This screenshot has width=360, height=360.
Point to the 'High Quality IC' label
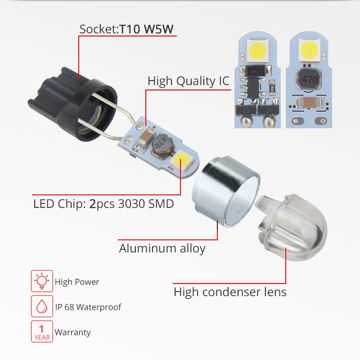[189, 81]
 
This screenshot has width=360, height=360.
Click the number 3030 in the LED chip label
[128, 203]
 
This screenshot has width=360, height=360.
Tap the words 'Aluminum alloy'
[162, 248]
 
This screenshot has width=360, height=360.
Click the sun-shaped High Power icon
[42, 282]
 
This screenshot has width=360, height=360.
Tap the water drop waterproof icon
[42, 307]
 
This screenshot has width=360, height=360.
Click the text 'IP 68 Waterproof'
[88, 307]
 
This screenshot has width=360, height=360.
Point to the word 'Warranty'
[73, 333]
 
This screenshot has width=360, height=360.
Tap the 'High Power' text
[77, 282]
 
